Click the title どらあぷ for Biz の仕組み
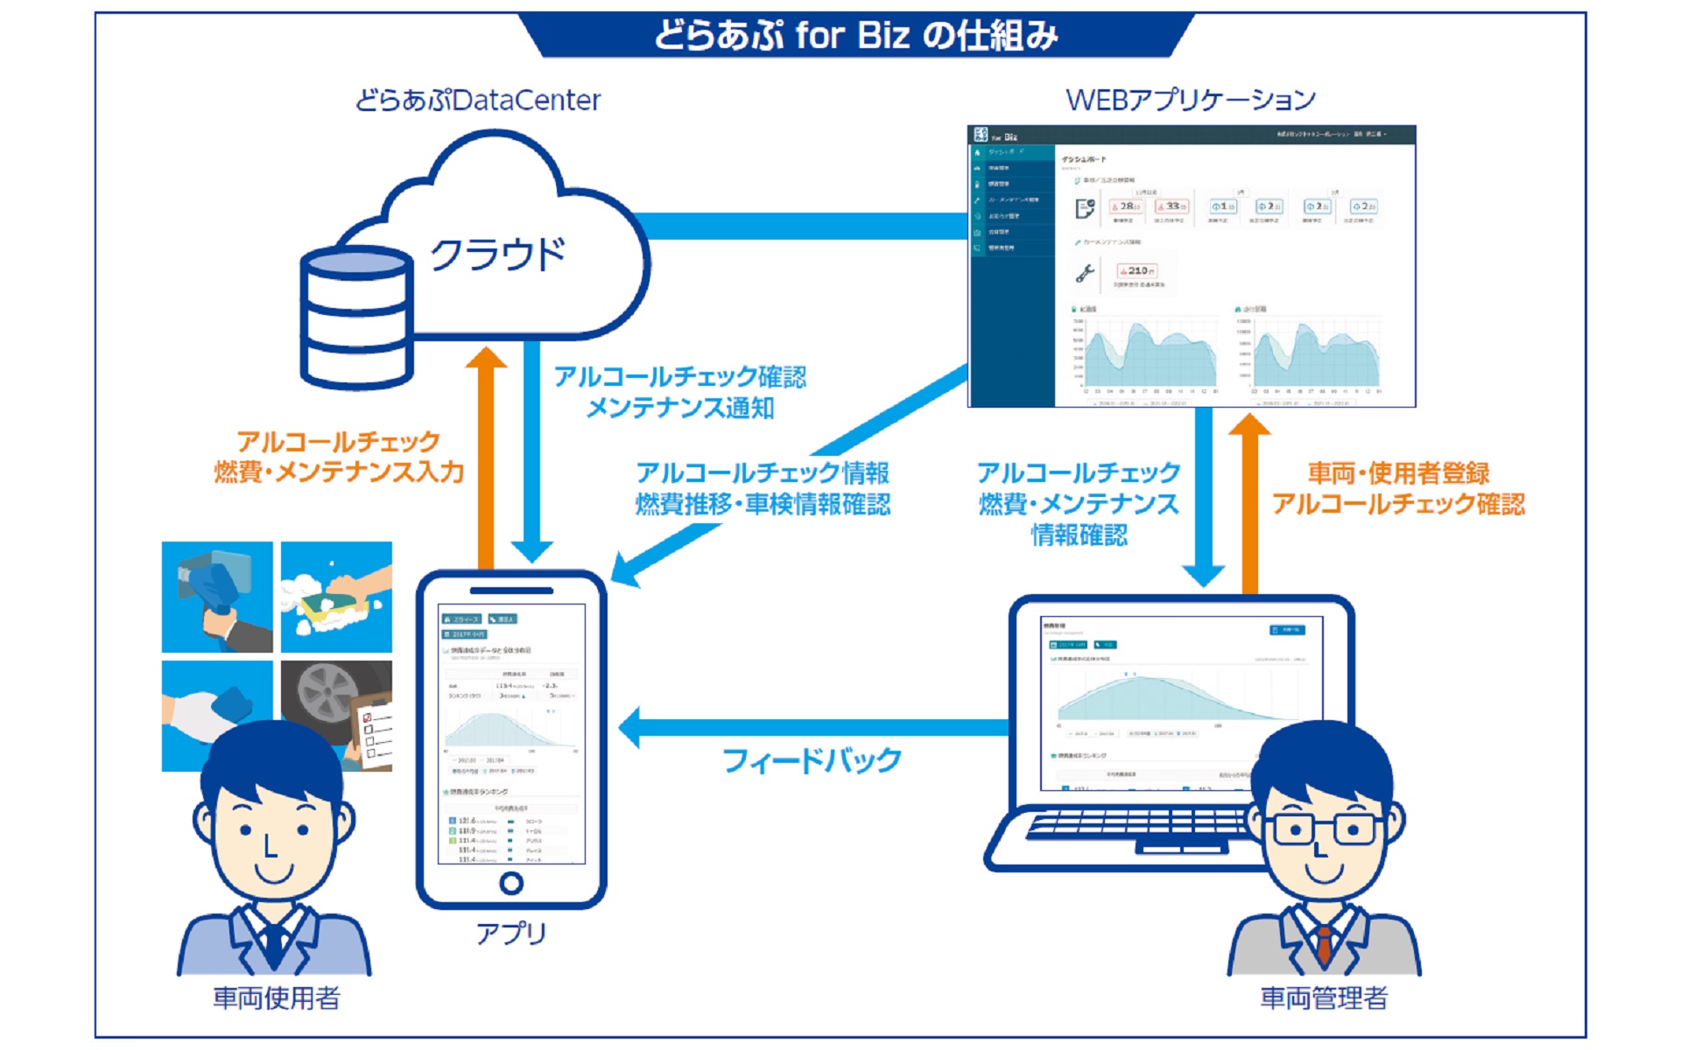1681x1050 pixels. [855, 36]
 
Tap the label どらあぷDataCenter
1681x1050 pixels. [478, 101]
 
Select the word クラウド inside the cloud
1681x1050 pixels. [497, 255]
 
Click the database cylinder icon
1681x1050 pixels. [356, 318]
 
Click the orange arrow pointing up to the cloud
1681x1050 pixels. [486, 455]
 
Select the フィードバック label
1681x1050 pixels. [812, 760]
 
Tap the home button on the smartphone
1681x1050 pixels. [511, 883]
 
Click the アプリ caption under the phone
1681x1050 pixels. [511, 934]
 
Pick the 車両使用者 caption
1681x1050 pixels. [277, 998]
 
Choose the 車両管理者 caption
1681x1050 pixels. [1324, 998]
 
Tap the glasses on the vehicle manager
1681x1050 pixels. [1324, 827]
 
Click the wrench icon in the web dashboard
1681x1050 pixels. [1085, 274]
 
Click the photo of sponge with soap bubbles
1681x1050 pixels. [337, 597]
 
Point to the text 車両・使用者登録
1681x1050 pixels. [1398, 473]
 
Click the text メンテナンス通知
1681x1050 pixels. [679, 408]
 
